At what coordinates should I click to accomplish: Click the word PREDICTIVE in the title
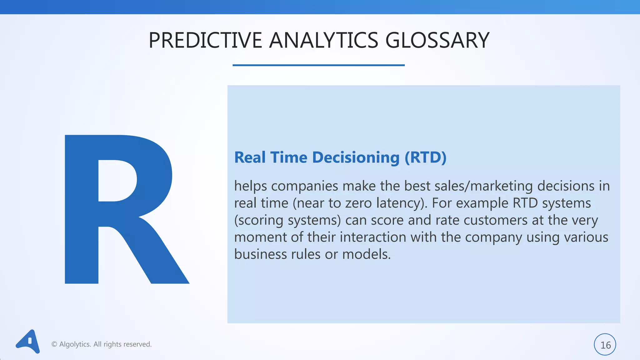[205, 41]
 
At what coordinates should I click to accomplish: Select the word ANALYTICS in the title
[323, 41]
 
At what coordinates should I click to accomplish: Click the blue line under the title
[318, 65]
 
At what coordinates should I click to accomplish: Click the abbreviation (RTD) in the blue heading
[425, 157]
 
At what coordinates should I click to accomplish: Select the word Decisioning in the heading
[356, 157]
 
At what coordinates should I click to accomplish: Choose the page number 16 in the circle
[605, 345]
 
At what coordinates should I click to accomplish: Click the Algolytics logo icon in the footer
[28, 342]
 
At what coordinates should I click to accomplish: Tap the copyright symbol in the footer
[54, 344]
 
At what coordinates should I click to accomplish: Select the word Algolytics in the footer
[75, 344]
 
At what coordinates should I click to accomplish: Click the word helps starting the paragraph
[250, 186]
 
